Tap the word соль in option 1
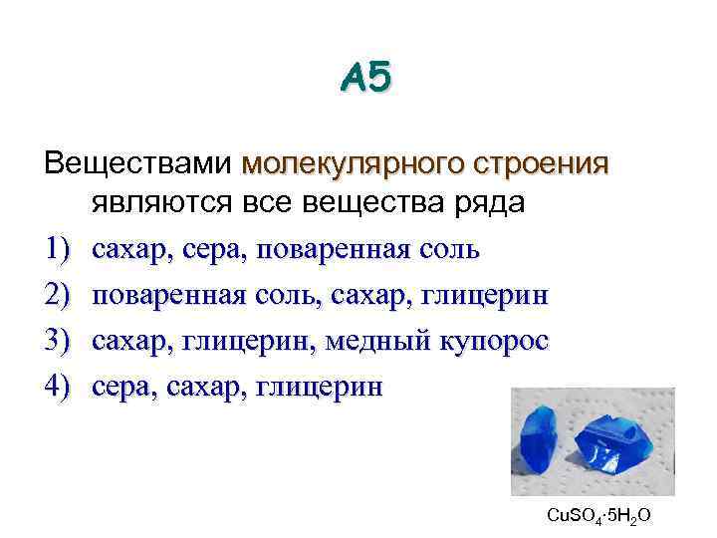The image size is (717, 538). [x=448, y=250]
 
